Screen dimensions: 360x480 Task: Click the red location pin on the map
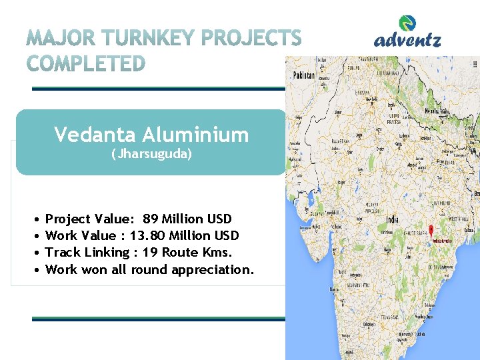point(431,229)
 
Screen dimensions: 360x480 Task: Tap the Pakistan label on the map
point(303,75)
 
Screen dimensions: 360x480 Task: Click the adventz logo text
point(407,41)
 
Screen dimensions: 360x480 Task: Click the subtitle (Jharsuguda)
point(151,155)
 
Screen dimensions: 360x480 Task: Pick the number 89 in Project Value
point(151,219)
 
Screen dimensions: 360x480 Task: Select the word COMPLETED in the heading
point(87,63)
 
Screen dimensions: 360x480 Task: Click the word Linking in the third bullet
point(105,253)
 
